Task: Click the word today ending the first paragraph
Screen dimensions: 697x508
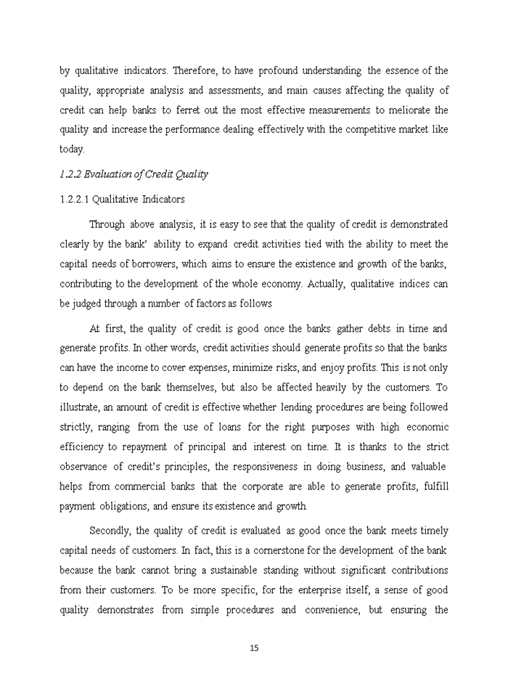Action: pos(71,150)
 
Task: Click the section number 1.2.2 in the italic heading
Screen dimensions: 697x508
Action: pos(70,174)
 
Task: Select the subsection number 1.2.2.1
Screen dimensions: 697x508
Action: pos(75,199)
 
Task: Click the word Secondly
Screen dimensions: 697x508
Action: pos(110,531)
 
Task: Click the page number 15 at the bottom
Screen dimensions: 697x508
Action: pos(254,648)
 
